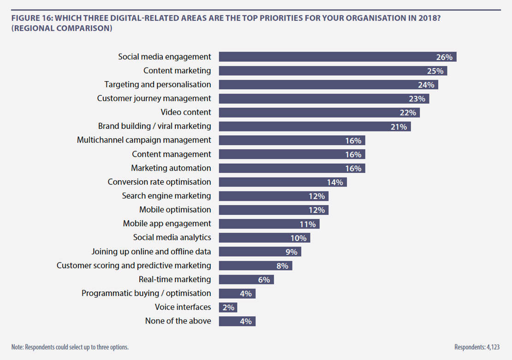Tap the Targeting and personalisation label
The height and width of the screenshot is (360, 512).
(x=157, y=84)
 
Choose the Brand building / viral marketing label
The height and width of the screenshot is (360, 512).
(x=155, y=126)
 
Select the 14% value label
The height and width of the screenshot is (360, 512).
(x=335, y=183)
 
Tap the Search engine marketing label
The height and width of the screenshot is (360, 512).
(x=166, y=195)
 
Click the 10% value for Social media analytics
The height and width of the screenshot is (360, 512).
(x=298, y=238)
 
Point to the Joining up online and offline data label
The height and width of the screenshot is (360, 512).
(x=151, y=251)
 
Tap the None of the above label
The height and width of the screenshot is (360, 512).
(x=178, y=321)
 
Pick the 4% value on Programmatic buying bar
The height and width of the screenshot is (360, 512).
(x=246, y=294)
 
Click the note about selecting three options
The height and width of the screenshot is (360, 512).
(x=70, y=347)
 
